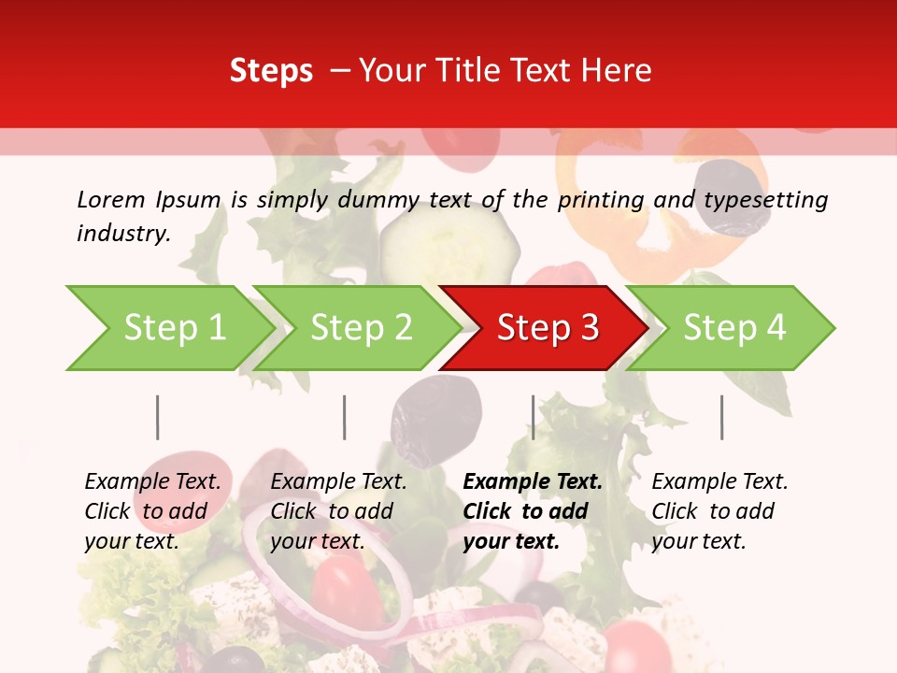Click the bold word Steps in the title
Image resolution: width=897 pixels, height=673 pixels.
tap(271, 71)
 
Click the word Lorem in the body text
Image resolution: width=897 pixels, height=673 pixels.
tap(111, 199)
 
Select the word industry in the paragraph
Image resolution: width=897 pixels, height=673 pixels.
tap(122, 234)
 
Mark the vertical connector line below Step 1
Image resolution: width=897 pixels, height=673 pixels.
tap(158, 417)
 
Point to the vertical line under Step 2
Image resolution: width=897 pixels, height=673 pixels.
tap(345, 417)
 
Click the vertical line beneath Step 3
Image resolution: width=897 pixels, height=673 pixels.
tap(533, 417)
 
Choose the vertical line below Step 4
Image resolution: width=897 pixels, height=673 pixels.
tap(721, 417)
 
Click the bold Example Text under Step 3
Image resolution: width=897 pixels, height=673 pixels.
tap(533, 482)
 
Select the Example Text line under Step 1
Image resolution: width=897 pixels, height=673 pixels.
tap(152, 482)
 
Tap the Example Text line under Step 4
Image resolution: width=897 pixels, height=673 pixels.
tap(719, 482)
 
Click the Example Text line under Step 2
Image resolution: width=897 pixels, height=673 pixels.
tap(338, 482)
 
